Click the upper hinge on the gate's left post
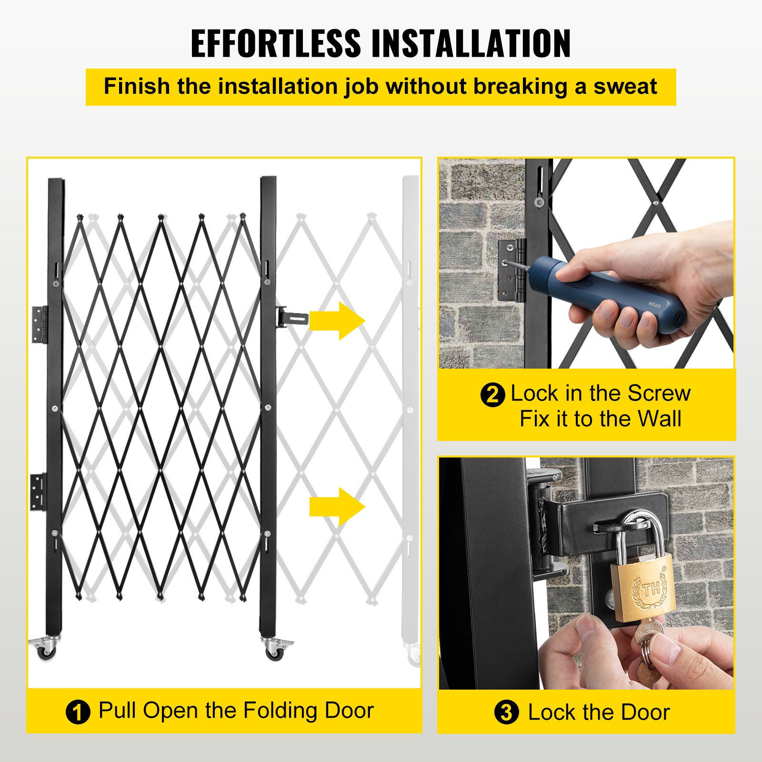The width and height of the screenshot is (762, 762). pos(40,324)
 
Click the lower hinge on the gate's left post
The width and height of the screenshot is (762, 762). pos(39,491)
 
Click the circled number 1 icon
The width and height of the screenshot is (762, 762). pos(78,712)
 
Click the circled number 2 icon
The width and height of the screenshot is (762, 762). pos(492,395)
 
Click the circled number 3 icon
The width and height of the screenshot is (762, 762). pos(506,713)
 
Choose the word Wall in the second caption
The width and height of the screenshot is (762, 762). pos(659,419)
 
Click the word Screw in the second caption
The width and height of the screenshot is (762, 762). pos(659,393)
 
